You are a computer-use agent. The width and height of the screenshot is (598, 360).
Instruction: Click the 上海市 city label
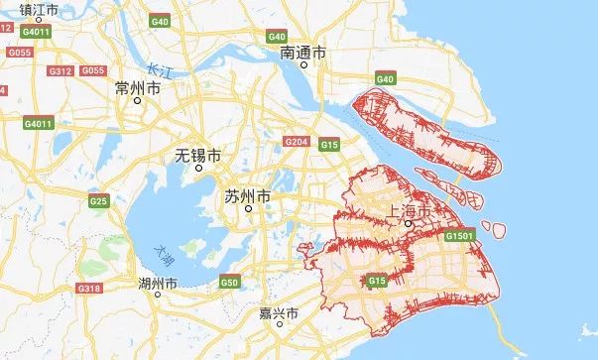click(410, 211)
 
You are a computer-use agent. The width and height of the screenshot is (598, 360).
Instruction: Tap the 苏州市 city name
click(248, 196)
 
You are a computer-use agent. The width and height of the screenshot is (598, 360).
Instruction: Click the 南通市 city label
click(302, 51)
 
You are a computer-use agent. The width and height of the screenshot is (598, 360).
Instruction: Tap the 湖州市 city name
click(160, 284)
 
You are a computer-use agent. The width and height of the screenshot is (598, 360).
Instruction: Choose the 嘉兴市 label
click(279, 313)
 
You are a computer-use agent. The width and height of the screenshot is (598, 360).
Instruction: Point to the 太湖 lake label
click(164, 255)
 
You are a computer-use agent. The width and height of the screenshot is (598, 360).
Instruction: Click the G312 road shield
click(60, 71)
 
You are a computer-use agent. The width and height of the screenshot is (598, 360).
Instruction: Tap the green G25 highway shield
click(98, 201)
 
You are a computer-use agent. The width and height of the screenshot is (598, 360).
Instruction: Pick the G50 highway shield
click(229, 283)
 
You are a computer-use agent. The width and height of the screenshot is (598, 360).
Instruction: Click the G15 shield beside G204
click(330, 145)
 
